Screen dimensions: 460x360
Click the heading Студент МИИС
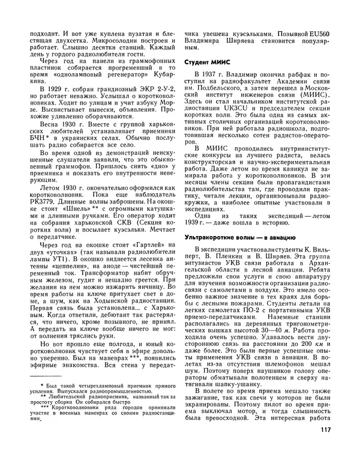[x=208, y=62]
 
